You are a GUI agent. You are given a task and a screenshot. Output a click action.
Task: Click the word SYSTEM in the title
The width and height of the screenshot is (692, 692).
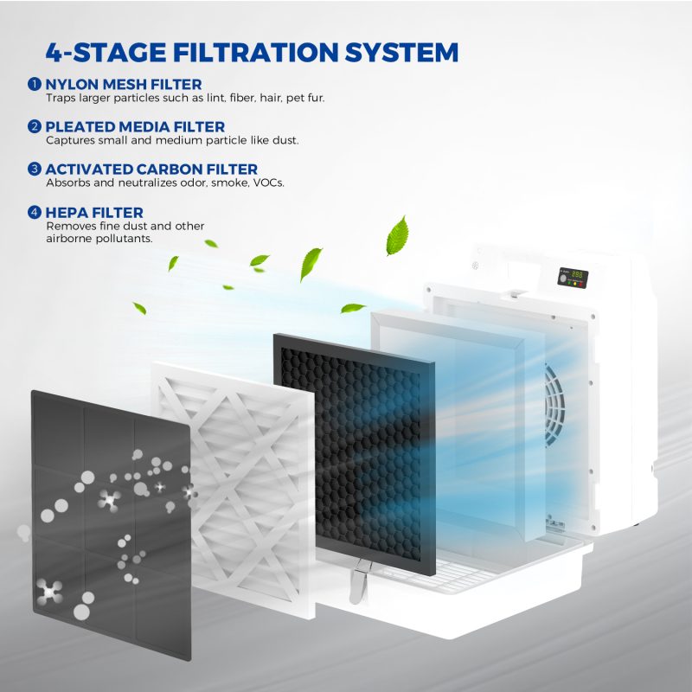[x=401, y=53]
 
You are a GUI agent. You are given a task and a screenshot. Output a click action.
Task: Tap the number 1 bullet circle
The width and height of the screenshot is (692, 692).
[x=35, y=84]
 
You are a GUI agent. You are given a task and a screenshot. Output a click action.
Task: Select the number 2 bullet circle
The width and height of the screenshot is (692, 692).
[x=35, y=126]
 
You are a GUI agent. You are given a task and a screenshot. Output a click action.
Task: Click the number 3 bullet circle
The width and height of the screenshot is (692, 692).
[x=35, y=169]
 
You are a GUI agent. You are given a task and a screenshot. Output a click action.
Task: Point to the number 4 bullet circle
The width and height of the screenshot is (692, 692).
[x=35, y=212]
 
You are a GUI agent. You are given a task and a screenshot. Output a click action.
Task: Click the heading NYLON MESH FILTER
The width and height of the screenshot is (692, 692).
[x=124, y=84]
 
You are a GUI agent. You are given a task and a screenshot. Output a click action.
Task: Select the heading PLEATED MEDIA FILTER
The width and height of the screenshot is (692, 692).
[x=135, y=126]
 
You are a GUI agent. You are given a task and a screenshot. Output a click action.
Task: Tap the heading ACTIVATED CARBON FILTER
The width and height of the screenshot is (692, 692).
[x=151, y=169]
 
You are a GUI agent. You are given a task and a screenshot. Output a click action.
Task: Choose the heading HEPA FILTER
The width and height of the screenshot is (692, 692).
[x=94, y=212]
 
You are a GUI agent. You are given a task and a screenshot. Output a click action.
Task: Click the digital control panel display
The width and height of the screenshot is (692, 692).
[x=573, y=278]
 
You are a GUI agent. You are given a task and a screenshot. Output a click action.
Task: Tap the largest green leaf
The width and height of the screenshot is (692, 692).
[x=397, y=235]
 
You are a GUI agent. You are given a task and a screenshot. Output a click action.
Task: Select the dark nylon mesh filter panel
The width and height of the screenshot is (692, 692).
[x=112, y=525]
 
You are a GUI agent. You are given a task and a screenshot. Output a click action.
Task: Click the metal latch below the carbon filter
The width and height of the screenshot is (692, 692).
[x=360, y=580]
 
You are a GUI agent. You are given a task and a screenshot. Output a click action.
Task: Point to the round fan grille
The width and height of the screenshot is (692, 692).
[x=554, y=405]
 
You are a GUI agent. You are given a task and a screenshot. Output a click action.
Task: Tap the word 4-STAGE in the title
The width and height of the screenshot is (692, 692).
[x=106, y=53]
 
